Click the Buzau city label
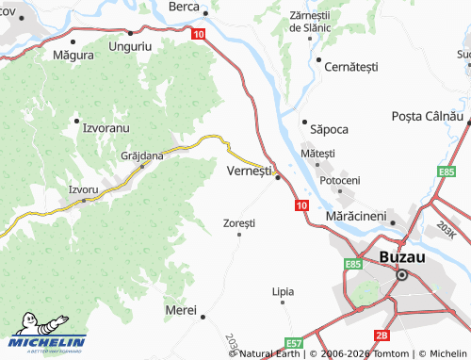point(403,256)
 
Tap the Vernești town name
point(250,172)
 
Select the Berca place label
point(183,7)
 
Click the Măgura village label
point(73,56)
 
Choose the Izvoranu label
point(106,125)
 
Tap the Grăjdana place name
point(141,155)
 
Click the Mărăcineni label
point(357,216)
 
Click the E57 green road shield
point(295,343)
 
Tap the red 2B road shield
point(382,335)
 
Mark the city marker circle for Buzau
point(402,275)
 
